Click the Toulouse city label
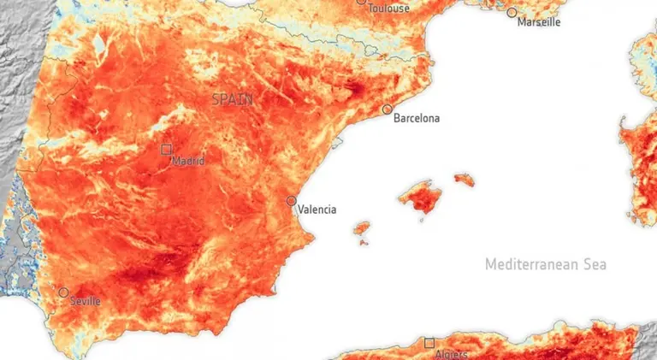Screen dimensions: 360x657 pos(388,9)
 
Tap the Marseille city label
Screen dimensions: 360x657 pos(539,22)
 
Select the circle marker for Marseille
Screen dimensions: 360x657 pos(512,13)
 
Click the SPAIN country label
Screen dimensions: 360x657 pos(232,99)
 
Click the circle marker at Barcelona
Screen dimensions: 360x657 pos(388,109)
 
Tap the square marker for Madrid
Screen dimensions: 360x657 pos(167,149)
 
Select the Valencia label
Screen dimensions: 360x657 pos(317,210)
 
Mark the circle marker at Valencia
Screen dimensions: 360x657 pos(292,201)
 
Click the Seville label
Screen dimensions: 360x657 pos(85,301)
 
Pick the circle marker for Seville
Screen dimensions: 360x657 pos(63,292)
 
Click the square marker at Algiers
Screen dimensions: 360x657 pos(429,343)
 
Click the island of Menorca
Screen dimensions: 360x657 pos(464,179)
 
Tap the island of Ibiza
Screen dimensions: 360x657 pos(362,229)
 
